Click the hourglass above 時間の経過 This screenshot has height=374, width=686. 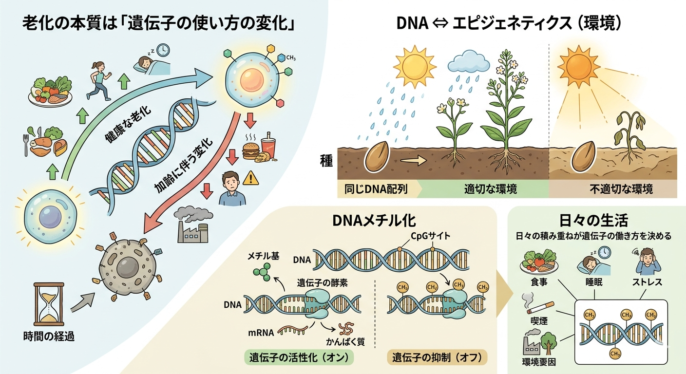48,302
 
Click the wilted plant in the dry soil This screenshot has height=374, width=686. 631,134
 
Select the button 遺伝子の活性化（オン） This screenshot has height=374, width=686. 299,357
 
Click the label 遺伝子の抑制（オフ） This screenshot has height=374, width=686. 437,357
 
